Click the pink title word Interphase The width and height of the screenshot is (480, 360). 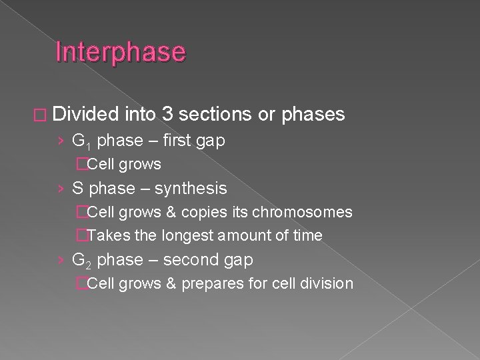click(x=121, y=52)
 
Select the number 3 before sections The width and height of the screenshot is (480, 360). click(x=168, y=115)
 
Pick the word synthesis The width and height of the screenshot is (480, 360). click(x=191, y=189)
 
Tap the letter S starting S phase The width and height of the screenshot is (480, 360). click(x=77, y=189)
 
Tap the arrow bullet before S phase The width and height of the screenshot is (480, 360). click(x=61, y=189)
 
